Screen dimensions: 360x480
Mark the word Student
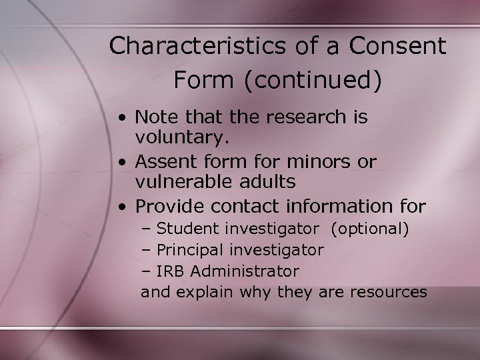(191, 229)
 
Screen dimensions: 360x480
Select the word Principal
(193, 250)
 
